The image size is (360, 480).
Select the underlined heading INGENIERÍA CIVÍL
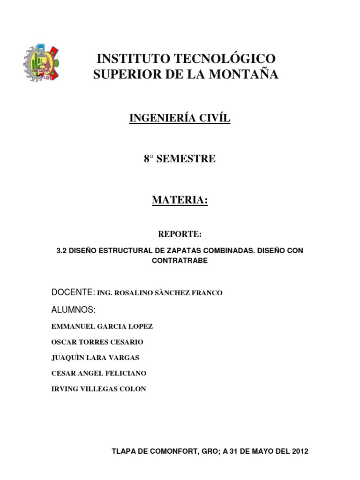coord(180,119)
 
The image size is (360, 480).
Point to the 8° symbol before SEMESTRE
coord(149,159)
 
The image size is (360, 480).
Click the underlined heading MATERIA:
coord(180,200)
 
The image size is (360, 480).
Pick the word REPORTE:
coord(180,233)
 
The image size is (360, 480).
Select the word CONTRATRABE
coord(180,261)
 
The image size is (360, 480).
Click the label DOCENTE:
coord(73,292)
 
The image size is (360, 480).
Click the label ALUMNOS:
coord(73,310)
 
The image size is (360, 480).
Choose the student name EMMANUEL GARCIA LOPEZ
coord(102,326)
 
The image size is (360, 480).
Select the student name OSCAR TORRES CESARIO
coord(97,342)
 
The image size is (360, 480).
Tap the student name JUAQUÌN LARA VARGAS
coord(95,358)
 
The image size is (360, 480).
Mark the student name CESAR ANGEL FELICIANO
coord(98,373)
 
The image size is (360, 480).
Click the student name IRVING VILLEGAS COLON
coord(98,389)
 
